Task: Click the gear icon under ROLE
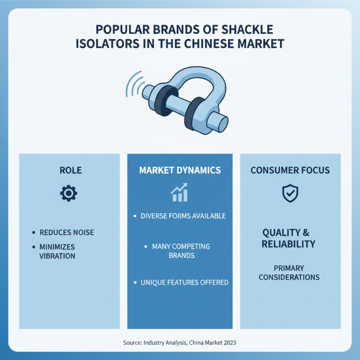point(69,193)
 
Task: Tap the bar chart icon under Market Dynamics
point(179,193)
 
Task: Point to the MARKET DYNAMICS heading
point(180,171)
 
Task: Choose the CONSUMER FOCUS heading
point(290,171)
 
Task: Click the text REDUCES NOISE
point(67,233)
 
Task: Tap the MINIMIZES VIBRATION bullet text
point(57,252)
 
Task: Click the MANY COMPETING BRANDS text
point(181,251)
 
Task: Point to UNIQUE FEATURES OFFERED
point(184,283)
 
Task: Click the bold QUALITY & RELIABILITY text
point(288,238)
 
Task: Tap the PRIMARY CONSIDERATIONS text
point(289,272)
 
